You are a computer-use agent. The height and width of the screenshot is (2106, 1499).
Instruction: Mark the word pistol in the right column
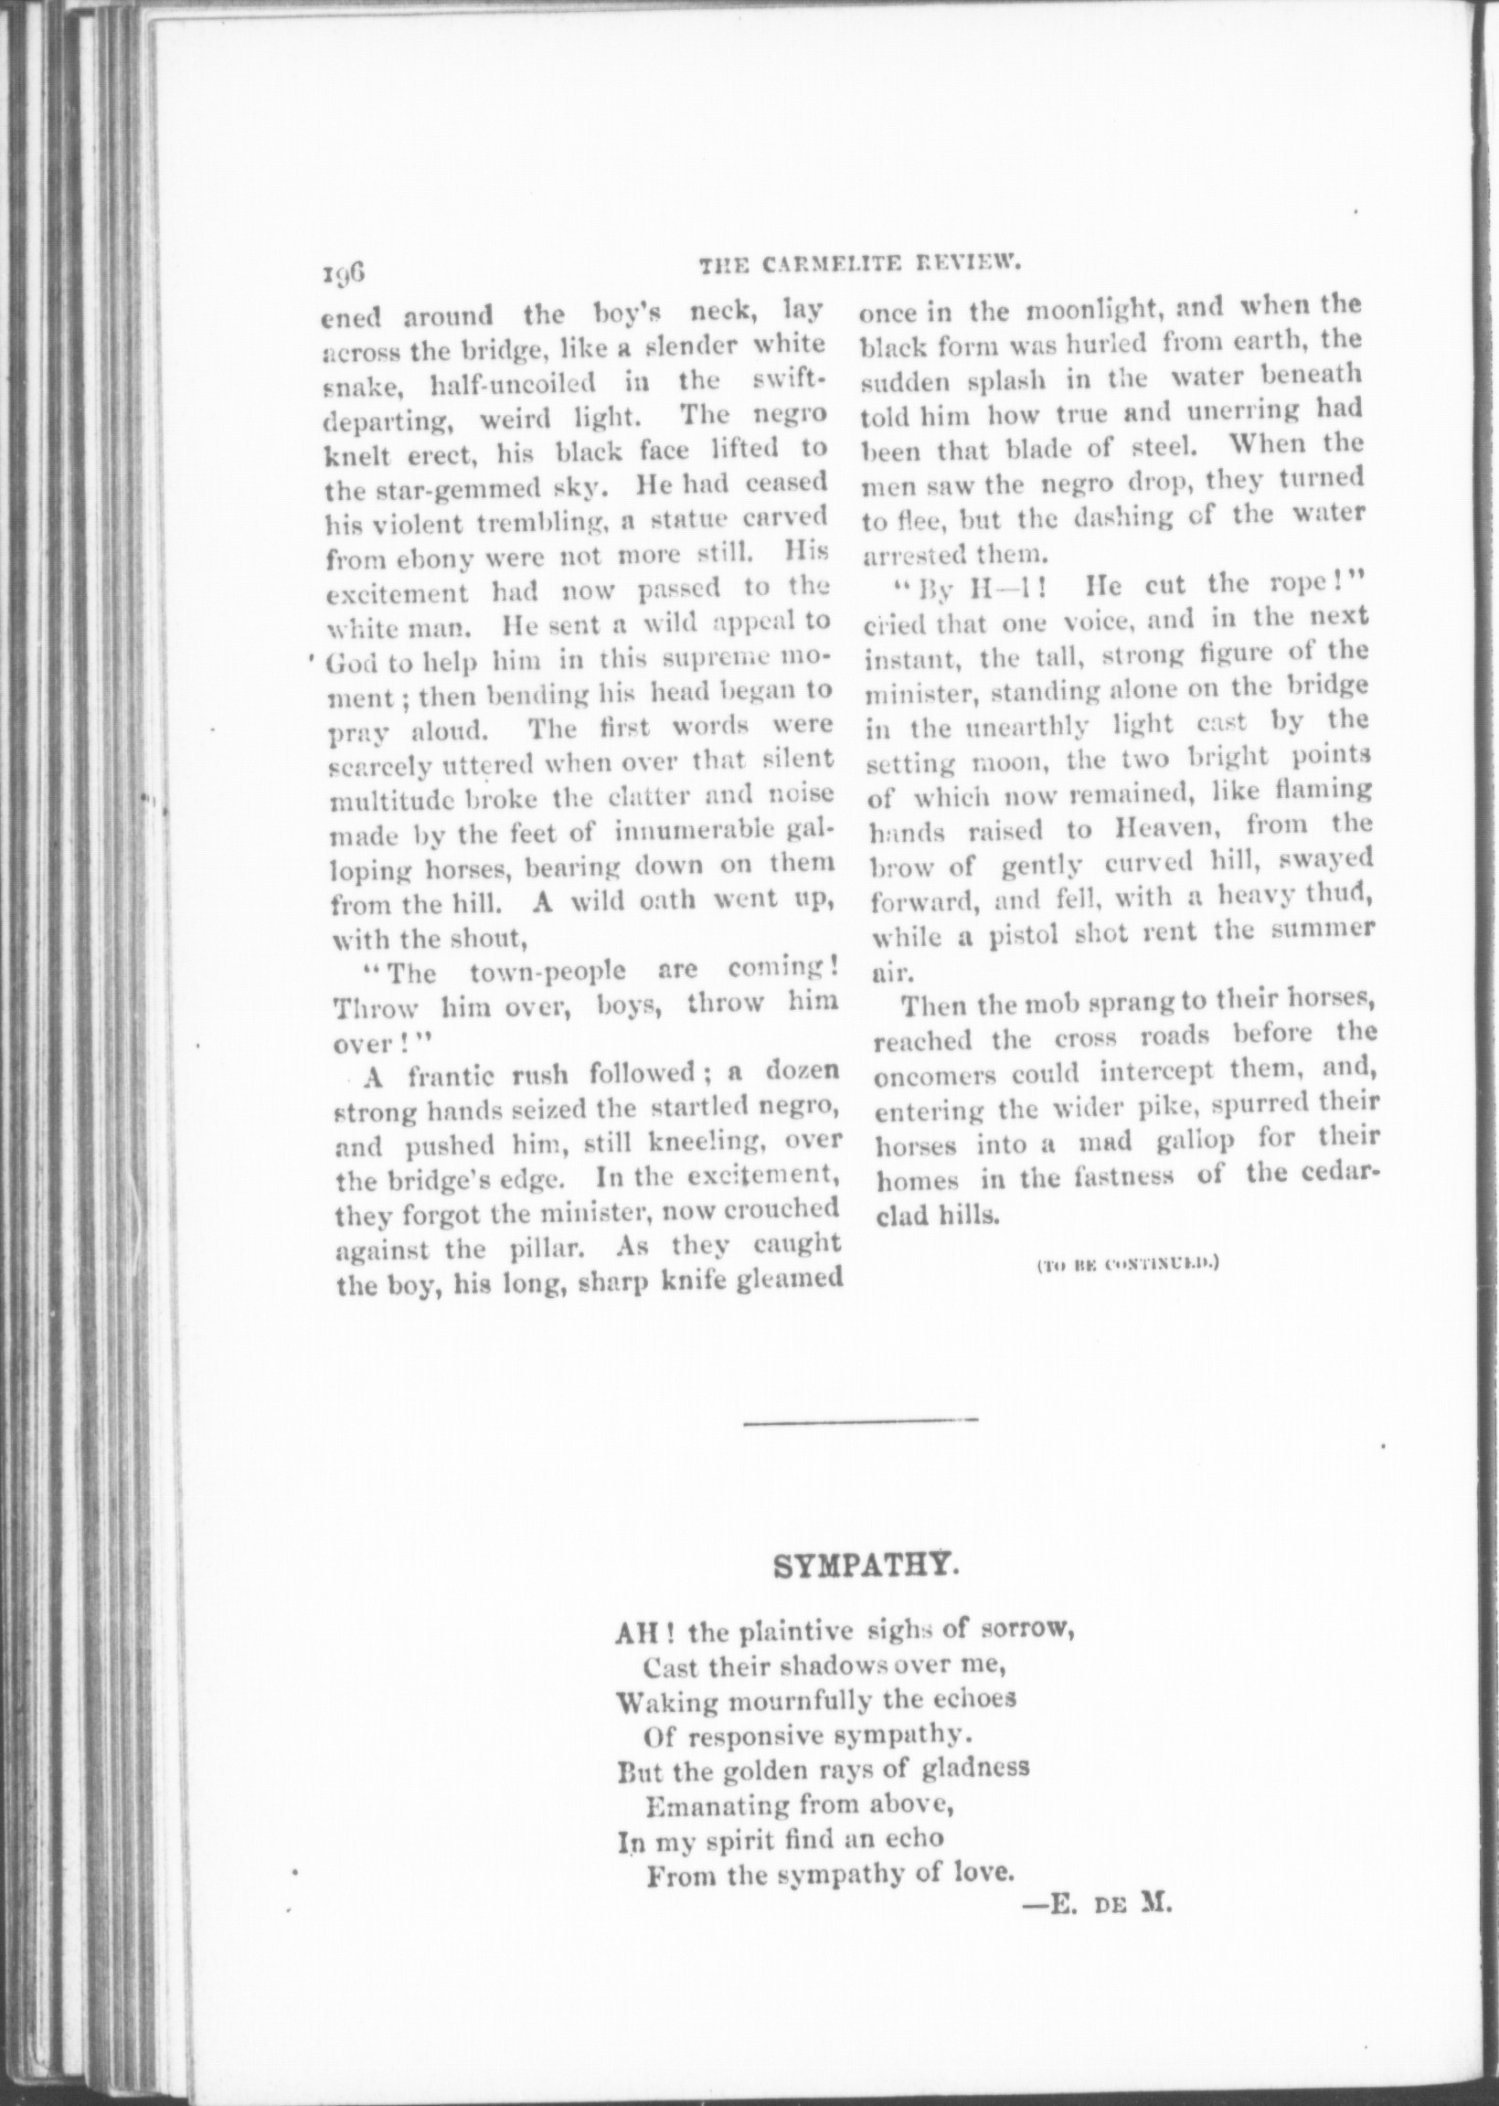point(1024,936)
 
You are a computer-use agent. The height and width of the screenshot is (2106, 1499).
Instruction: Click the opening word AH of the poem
point(633,1632)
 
